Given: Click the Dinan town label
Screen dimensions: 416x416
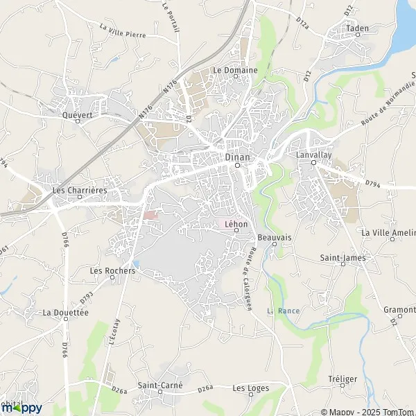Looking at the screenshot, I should tap(236, 157).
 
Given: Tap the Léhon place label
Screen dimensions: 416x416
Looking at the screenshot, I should tap(236, 223).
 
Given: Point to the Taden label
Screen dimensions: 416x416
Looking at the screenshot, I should tap(358, 28).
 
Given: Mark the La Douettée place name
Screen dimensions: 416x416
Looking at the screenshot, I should tap(66, 313).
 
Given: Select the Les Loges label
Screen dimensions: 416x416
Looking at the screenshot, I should tap(251, 388).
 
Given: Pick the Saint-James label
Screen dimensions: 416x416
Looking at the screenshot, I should tap(343, 258).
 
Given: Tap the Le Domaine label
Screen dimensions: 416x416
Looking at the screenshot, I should tap(235, 70).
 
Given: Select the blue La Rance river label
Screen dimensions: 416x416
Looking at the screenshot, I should tap(284, 311).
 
